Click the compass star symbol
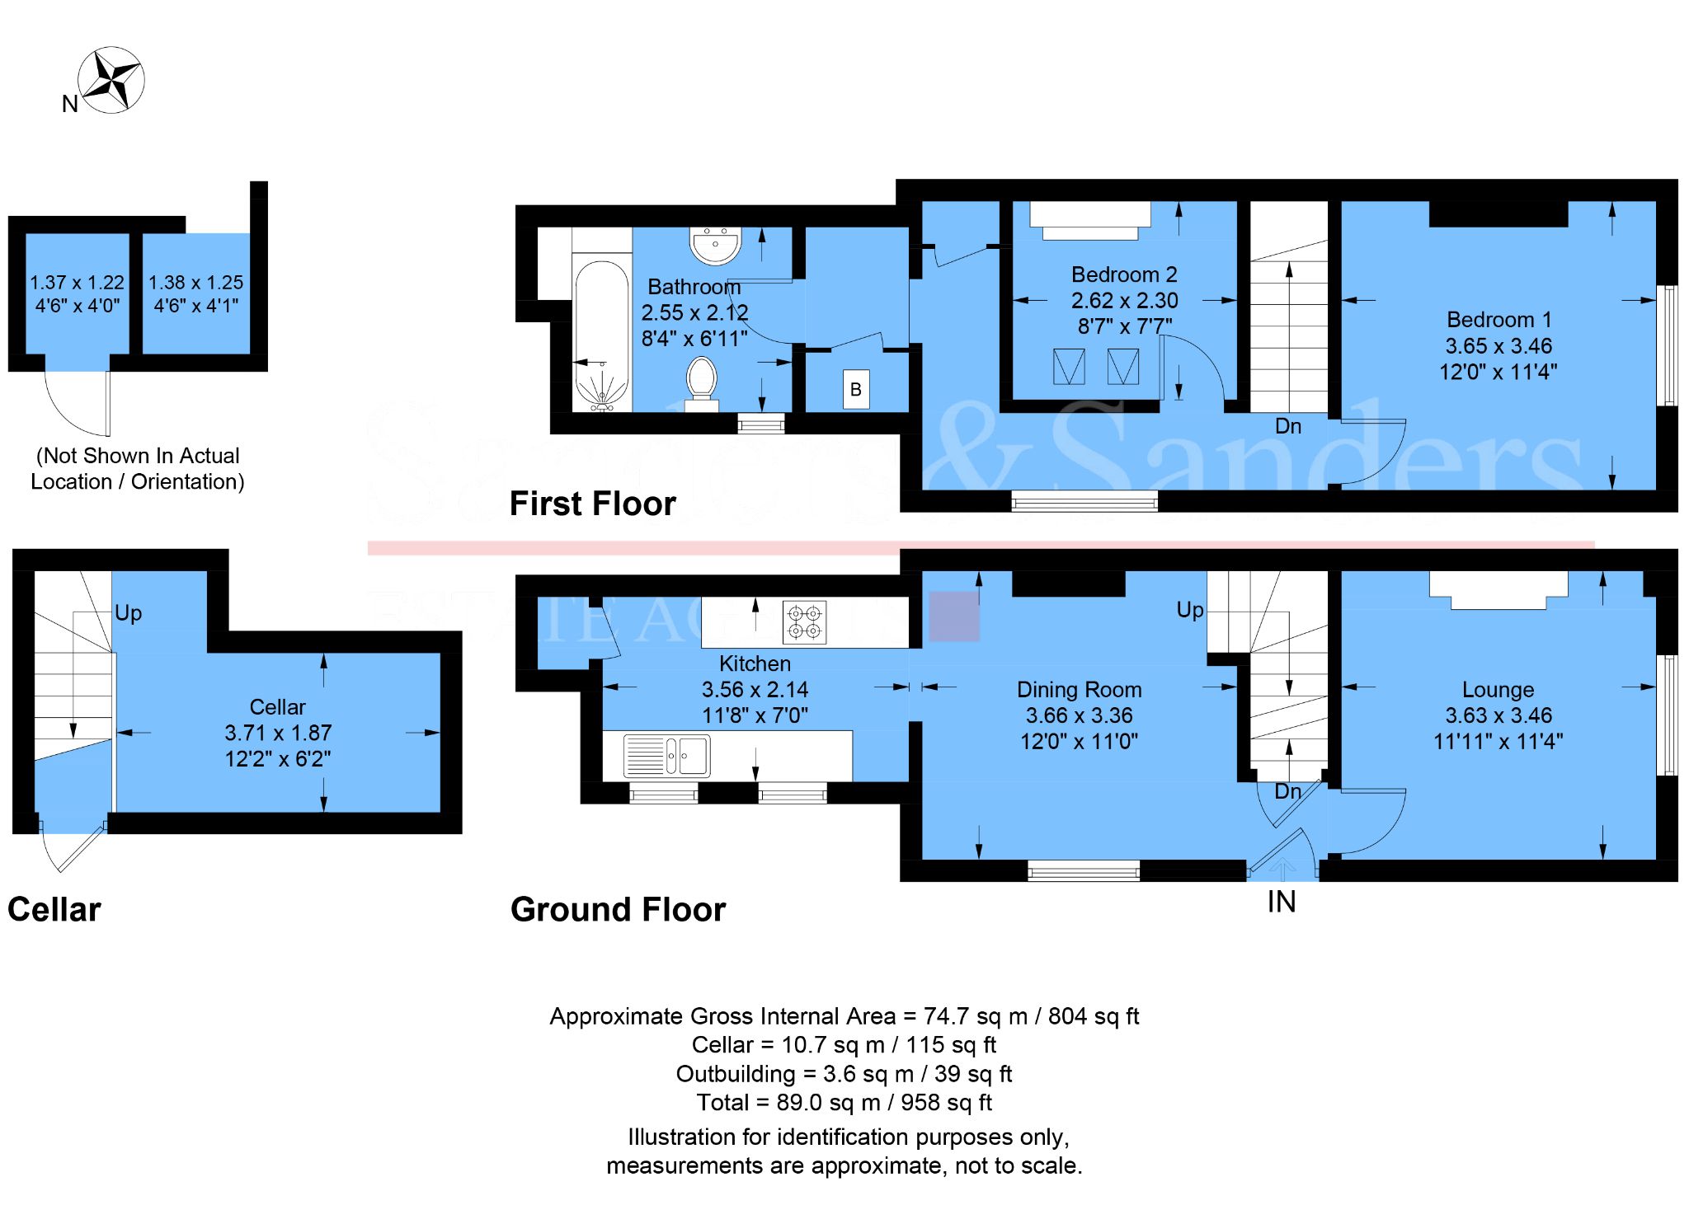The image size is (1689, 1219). (x=111, y=80)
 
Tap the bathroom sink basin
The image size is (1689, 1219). (x=715, y=246)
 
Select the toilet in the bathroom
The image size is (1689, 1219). (x=701, y=380)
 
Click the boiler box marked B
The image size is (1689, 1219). (x=855, y=390)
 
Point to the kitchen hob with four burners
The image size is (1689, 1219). (x=804, y=622)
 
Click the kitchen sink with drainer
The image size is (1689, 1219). (x=666, y=756)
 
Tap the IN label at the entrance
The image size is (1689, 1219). (x=1281, y=903)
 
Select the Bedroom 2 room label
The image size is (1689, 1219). (x=1123, y=274)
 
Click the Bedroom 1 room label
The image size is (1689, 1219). (x=1498, y=320)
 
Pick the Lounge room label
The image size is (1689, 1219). (x=1498, y=690)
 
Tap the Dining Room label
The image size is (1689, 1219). (x=1079, y=690)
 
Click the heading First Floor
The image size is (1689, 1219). (x=592, y=504)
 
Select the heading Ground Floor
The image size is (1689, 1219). (x=618, y=910)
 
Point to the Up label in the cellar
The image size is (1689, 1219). (x=128, y=613)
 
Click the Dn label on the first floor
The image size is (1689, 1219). (x=1287, y=426)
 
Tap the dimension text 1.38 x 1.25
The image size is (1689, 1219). (x=195, y=283)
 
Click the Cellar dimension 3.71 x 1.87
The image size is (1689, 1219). (x=278, y=733)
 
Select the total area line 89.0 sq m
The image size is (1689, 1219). (x=844, y=1103)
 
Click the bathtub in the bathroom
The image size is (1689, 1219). (x=601, y=334)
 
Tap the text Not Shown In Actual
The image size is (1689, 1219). (x=138, y=456)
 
